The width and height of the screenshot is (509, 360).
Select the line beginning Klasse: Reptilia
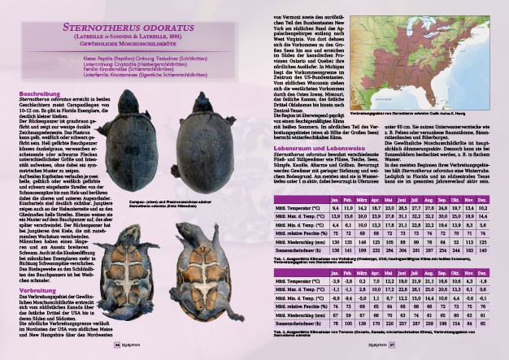tap(127, 59)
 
